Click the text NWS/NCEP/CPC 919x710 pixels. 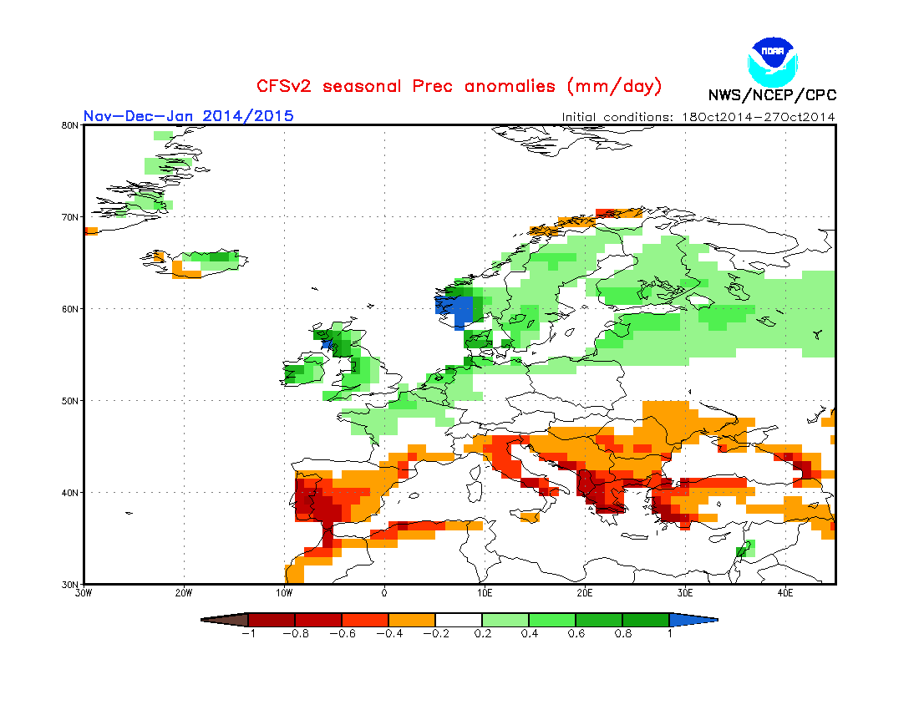click(771, 95)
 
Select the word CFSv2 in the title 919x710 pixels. click(286, 86)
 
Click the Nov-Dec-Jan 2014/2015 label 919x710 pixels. click(188, 116)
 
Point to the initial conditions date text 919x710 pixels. click(698, 117)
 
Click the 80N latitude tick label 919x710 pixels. click(71, 125)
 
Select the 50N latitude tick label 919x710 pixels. click(71, 401)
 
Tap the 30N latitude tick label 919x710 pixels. click(71, 584)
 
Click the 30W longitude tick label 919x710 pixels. click(84, 593)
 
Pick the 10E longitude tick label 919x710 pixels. click(485, 593)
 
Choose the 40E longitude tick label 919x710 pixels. click(785, 593)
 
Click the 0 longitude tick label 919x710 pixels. click(384, 593)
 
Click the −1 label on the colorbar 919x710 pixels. click(247, 633)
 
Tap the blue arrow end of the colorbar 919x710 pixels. click(693, 620)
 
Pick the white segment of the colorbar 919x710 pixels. click(459, 620)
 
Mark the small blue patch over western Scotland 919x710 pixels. click(327, 343)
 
